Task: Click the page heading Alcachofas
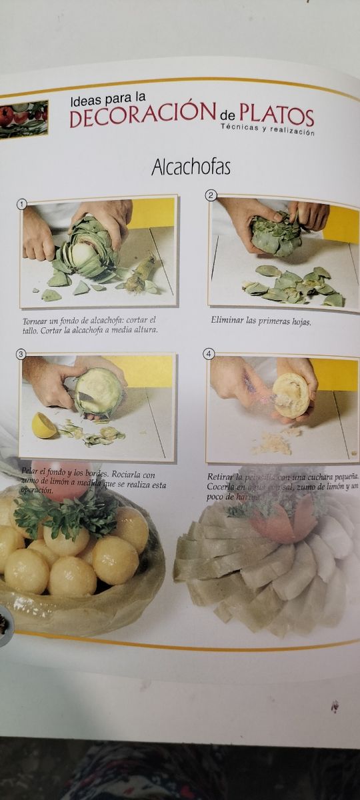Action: click(x=191, y=167)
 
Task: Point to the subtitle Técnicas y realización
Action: click(x=267, y=132)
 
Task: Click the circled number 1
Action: click(x=21, y=205)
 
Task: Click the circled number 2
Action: click(x=211, y=195)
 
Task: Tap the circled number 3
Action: click(x=21, y=354)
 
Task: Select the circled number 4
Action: click(x=209, y=354)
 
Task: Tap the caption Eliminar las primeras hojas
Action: click(x=261, y=321)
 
